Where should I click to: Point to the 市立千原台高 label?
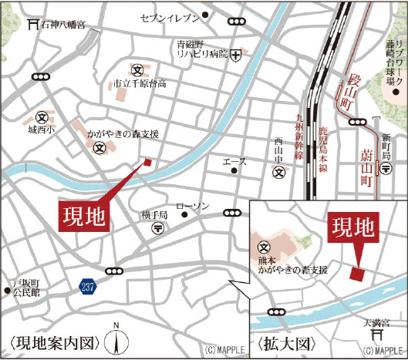click(140, 83)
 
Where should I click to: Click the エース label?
click(234, 162)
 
